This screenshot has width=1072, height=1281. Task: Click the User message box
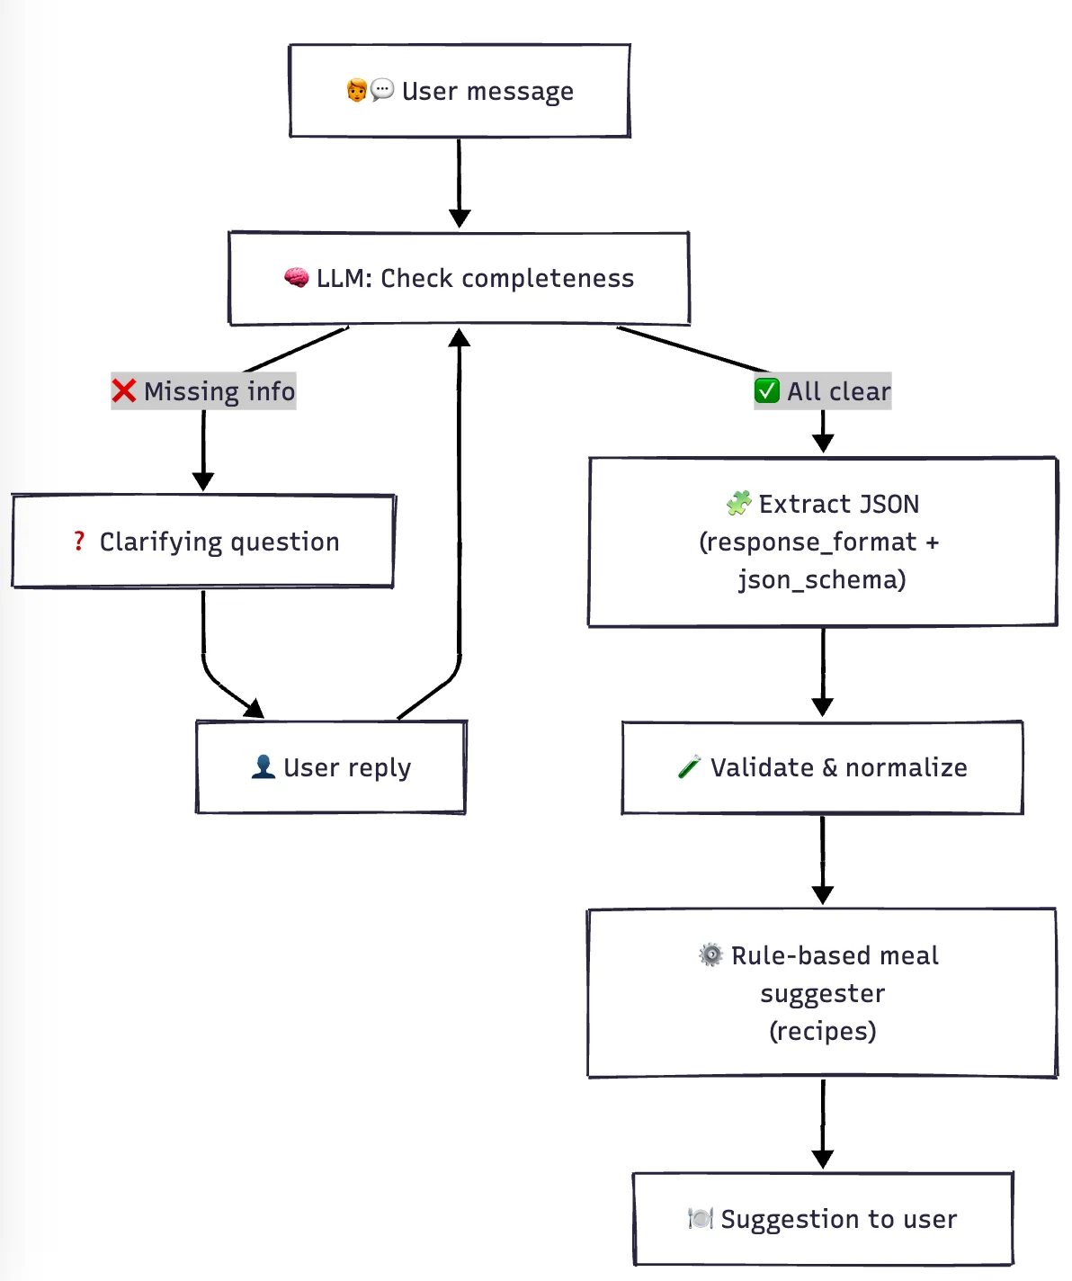point(460,91)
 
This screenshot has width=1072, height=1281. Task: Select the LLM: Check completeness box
point(460,278)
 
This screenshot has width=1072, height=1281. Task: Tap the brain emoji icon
point(296,278)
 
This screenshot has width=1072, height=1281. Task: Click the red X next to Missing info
point(124,391)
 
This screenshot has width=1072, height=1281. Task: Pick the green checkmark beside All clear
point(766,391)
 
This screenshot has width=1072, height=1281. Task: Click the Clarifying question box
point(203,542)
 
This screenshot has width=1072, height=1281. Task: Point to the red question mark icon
point(79,542)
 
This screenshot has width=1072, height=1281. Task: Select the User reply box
point(331,767)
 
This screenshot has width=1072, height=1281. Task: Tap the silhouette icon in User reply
point(263,767)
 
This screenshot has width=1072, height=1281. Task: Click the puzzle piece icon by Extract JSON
point(738,504)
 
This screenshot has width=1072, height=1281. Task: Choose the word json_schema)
point(822,580)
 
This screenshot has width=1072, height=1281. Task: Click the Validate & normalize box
point(822,767)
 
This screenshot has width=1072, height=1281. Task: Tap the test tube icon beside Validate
point(689,767)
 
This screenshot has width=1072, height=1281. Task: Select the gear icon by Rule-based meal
point(710,955)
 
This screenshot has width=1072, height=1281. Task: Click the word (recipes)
point(822,1031)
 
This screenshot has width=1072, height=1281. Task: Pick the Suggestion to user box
point(822,1219)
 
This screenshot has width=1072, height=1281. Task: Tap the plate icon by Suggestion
point(700,1219)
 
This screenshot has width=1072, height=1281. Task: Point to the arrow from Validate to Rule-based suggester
point(822,859)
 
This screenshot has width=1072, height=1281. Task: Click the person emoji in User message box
point(357,91)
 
